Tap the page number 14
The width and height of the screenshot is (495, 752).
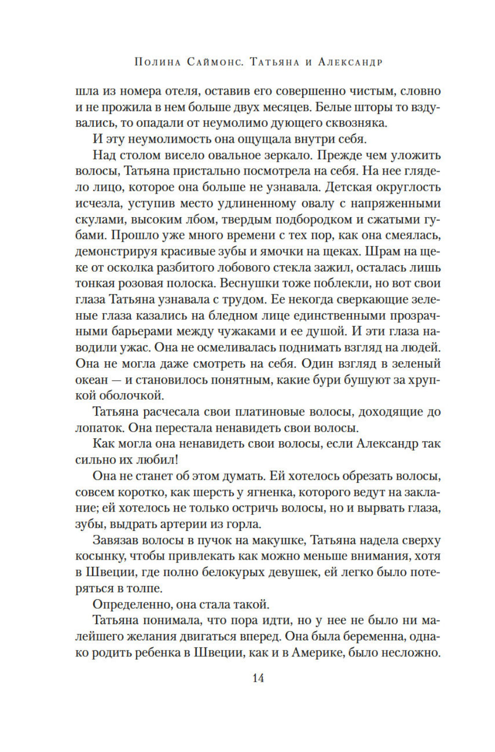(x=258, y=678)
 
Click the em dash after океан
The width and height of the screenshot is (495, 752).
(x=119, y=380)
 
